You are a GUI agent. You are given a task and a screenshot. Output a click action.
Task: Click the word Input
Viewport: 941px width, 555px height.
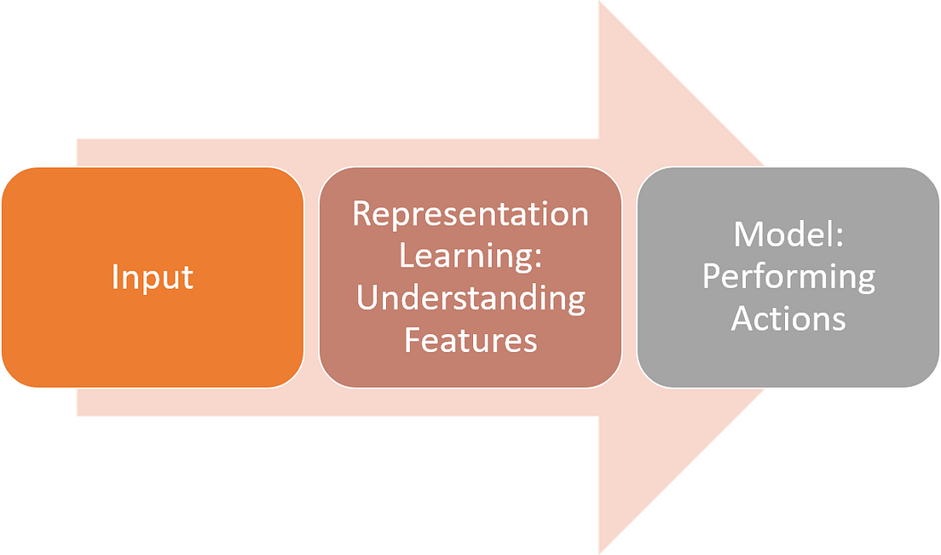[x=153, y=278]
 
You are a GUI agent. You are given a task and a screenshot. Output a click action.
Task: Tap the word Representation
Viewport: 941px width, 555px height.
[x=470, y=214]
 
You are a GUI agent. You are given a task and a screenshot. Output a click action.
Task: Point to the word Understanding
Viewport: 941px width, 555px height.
[x=470, y=298]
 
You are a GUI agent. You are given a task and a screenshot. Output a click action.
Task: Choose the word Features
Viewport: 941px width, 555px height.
[x=470, y=340]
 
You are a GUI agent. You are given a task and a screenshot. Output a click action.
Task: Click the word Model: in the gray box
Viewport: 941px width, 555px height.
[x=788, y=234]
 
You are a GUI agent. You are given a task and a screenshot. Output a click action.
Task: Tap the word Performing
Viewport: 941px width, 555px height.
[x=788, y=277]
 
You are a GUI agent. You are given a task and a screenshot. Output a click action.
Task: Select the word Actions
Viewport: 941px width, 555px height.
[x=788, y=319]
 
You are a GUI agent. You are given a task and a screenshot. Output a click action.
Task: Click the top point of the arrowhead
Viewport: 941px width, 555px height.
[x=602, y=3]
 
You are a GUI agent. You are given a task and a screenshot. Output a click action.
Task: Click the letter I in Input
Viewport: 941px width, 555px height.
[x=114, y=278]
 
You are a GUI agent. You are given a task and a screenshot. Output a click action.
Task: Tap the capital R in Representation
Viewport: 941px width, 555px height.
[x=361, y=214]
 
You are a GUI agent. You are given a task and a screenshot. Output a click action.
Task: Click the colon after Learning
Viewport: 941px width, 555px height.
[x=540, y=258]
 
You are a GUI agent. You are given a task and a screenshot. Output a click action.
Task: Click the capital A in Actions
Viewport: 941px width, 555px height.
[x=742, y=319]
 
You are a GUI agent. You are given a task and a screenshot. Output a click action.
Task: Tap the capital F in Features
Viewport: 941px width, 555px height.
[x=411, y=340]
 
